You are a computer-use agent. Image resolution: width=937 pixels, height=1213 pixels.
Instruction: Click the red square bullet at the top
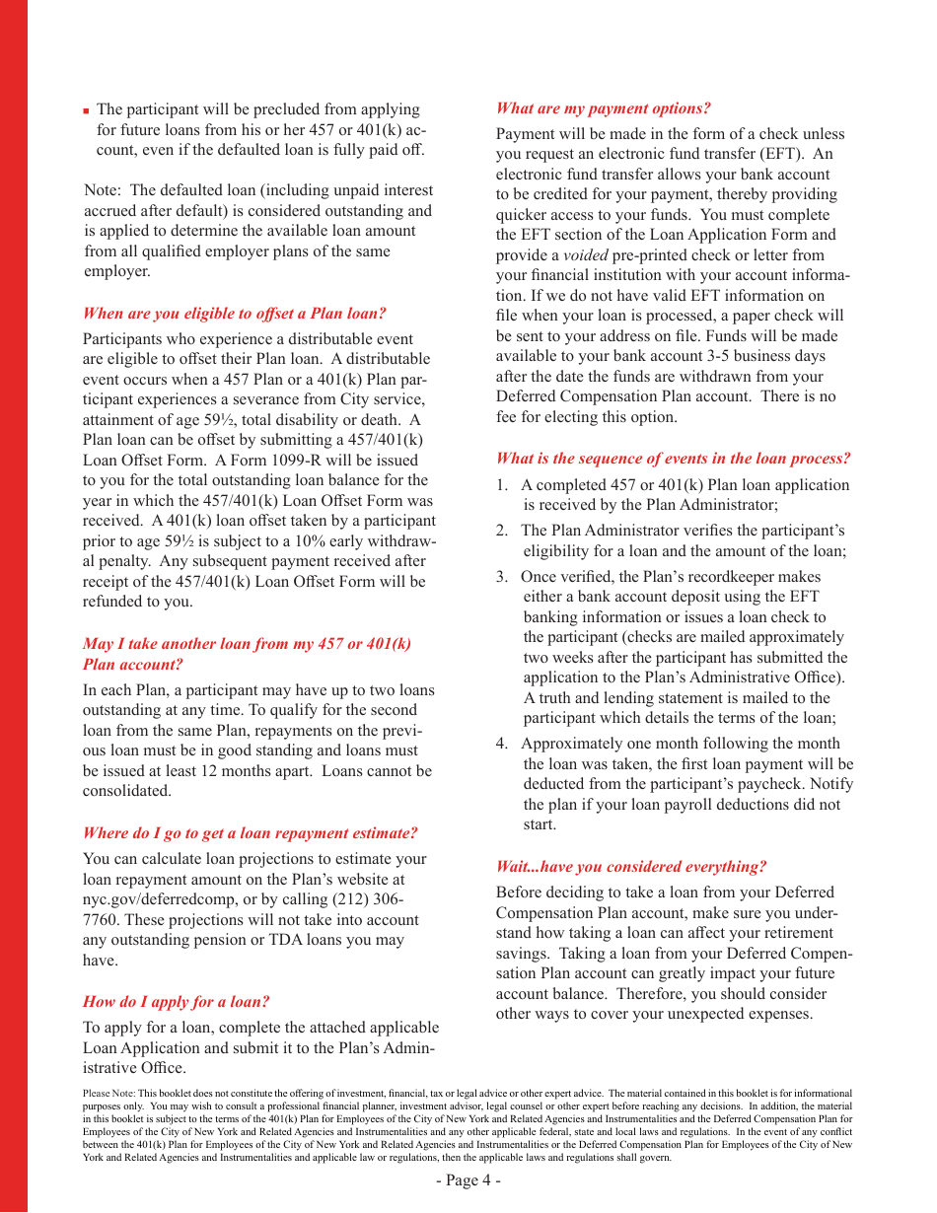pos(87,111)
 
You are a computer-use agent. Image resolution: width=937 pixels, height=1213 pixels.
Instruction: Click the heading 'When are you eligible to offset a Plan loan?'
pos(234,314)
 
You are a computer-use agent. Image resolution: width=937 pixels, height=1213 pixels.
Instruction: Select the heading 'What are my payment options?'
pos(603,108)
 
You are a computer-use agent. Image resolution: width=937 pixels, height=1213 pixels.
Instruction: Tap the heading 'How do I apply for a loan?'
pos(176,1002)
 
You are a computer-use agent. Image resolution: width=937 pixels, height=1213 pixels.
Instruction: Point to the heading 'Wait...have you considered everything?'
pos(630,867)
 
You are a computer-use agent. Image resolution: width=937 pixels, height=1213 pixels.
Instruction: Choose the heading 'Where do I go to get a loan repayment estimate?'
pos(250,833)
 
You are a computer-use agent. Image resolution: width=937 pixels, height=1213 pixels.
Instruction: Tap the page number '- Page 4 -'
pos(468,1180)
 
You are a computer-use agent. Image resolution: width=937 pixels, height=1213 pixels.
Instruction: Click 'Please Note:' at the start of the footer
pos(108,1094)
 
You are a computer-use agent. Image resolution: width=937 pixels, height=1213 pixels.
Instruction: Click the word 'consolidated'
pos(126,791)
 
